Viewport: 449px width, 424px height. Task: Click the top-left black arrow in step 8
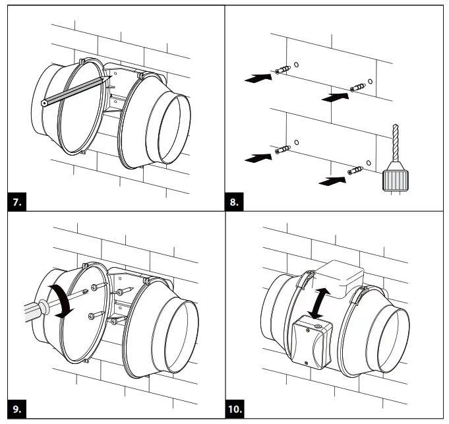[257, 77]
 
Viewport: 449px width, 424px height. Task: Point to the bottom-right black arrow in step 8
[333, 179]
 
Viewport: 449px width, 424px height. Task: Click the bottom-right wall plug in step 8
[357, 171]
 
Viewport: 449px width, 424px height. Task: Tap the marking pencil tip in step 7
[105, 77]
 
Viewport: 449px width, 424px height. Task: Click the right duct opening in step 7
[173, 128]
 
